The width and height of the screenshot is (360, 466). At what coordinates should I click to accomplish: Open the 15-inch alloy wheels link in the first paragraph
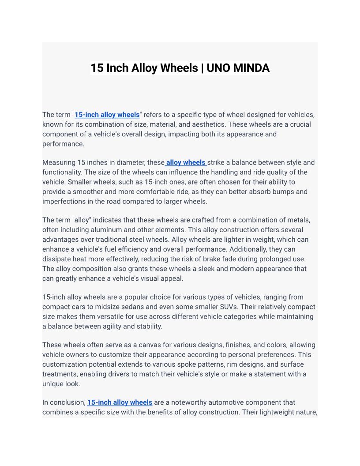click(x=107, y=115)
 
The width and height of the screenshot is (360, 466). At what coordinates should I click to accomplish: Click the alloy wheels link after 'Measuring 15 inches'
click(x=186, y=162)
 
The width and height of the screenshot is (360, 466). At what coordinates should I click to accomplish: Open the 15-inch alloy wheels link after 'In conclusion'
click(x=120, y=402)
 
